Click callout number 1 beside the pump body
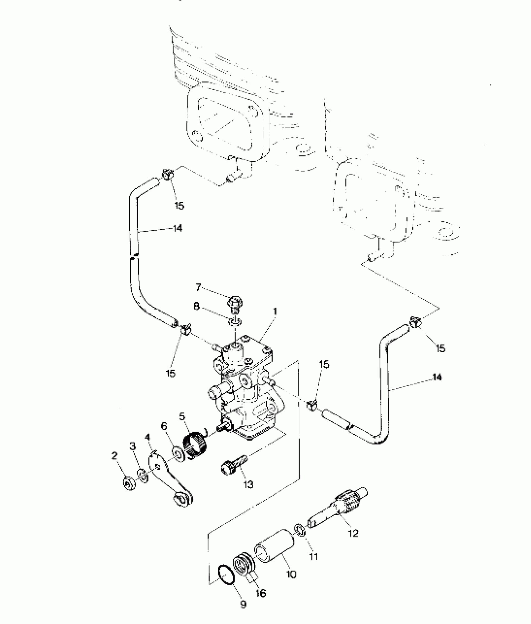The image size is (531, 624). (275, 311)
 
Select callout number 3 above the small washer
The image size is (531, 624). (133, 446)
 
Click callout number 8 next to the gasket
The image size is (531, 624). (196, 306)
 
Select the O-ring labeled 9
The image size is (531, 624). (225, 574)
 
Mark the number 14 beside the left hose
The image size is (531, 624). (177, 229)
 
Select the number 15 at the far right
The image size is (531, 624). (440, 349)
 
